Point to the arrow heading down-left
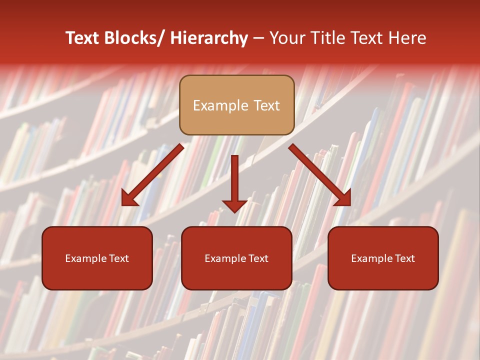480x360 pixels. (x=152, y=175)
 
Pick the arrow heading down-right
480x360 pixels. (x=320, y=175)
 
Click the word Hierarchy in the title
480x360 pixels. (x=209, y=38)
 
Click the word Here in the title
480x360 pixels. (x=407, y=38)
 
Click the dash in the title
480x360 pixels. (x=258, y=38)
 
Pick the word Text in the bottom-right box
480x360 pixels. (x=404, y=258)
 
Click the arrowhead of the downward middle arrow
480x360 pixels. (x=235, y=205)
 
